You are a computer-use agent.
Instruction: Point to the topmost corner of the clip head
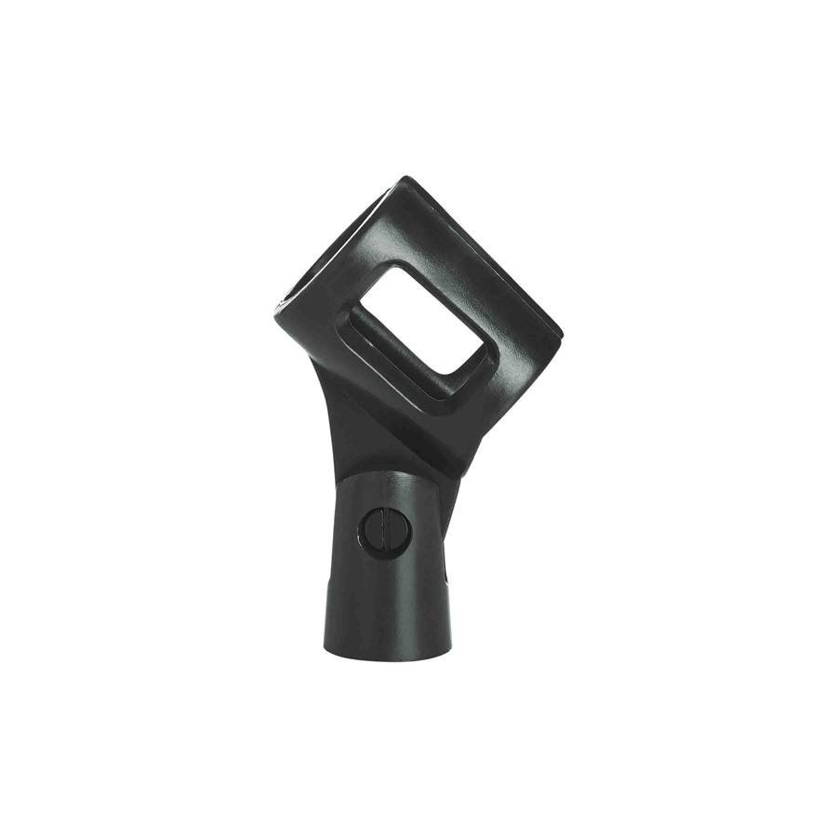(404, 178)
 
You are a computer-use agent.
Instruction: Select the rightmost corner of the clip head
(561, 330)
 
